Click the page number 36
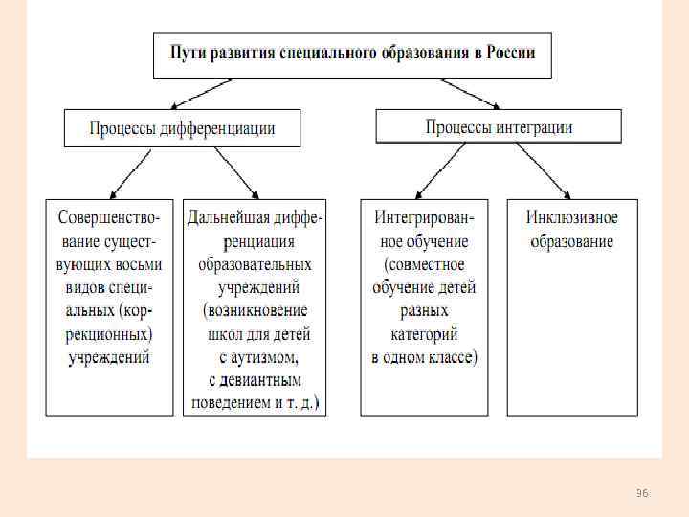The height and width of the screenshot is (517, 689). (x=642, y=493)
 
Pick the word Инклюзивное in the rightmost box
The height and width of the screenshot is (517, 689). (x=572, y=217)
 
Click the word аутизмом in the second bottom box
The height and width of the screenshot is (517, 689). (x=265, y=358)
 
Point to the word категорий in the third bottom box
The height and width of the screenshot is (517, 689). (x=424, y=334)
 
